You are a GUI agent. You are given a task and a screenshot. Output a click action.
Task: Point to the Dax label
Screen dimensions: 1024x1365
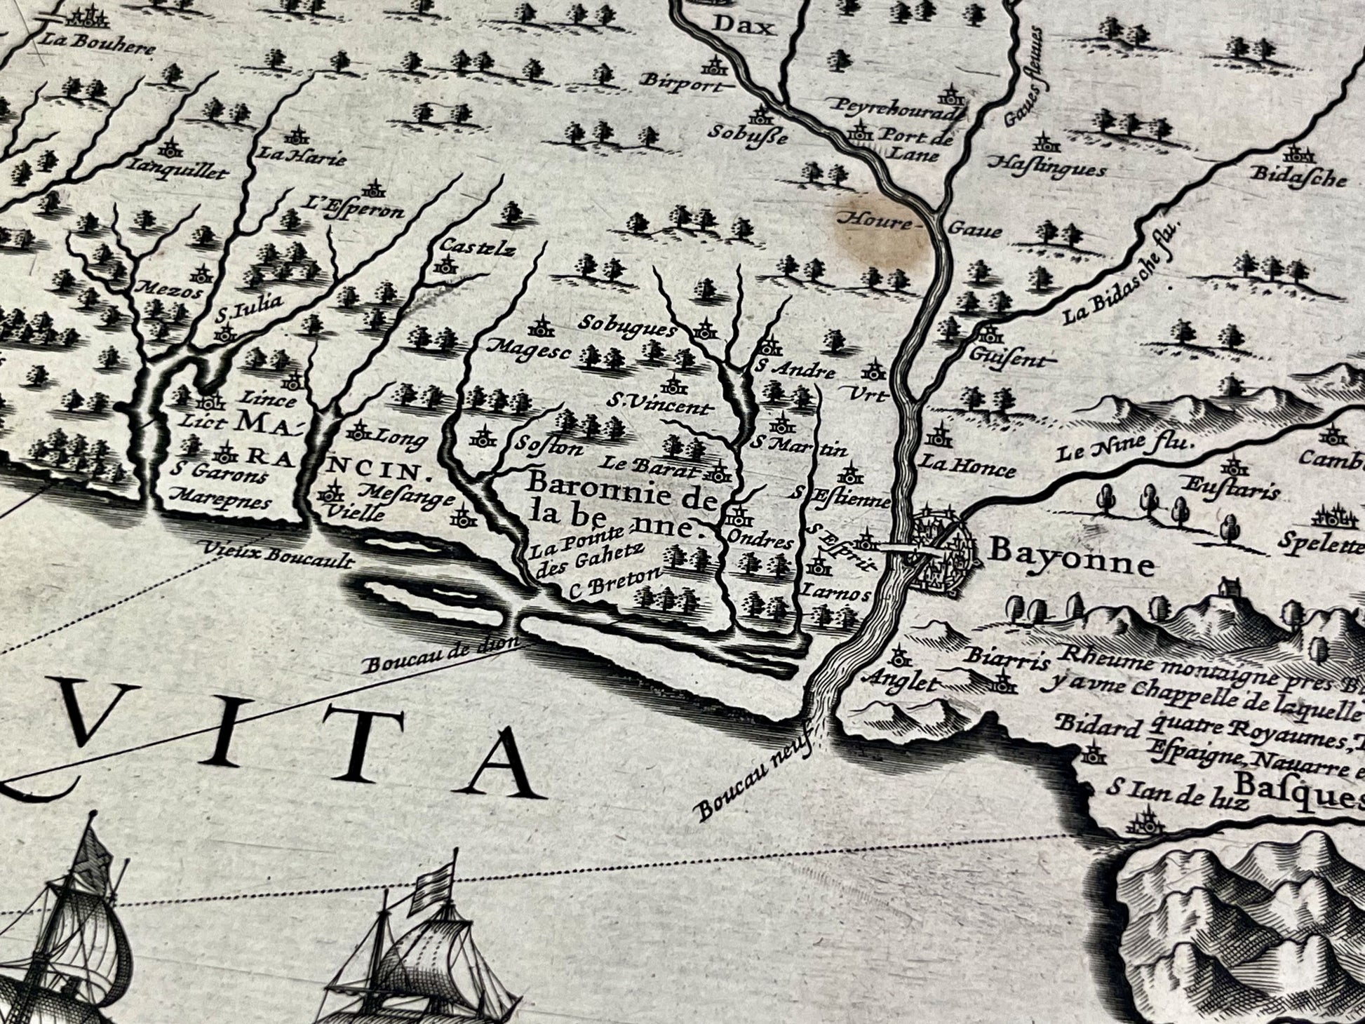tap(743, 27)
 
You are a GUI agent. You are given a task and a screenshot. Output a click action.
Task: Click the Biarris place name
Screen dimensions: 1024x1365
tap(1006, 659)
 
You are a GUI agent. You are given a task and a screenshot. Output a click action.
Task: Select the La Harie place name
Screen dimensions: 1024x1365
tap(302, 156)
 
